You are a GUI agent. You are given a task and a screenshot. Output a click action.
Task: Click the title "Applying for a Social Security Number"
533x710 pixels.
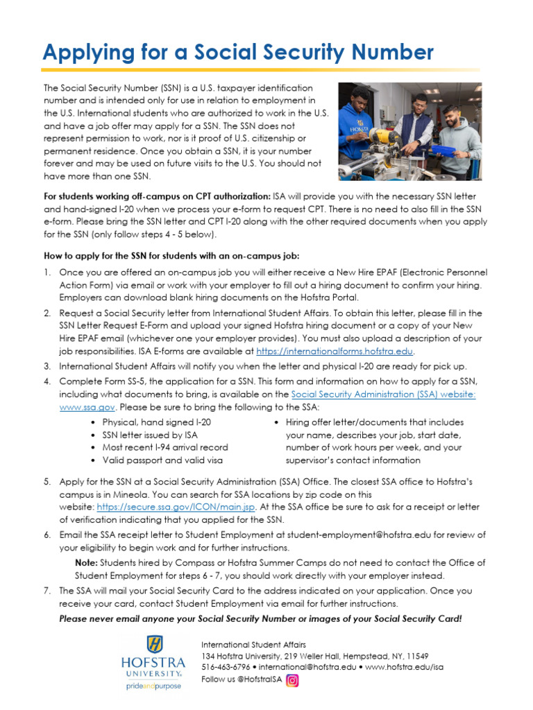click(x=238, y=52)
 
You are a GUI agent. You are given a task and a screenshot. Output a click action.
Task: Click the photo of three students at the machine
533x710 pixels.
click(x=409, y=132)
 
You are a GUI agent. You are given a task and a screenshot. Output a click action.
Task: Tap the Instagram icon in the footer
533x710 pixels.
click(x=293, y=680)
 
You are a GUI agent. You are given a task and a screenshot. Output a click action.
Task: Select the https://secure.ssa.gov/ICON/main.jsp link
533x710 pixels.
click(x=176, y=507)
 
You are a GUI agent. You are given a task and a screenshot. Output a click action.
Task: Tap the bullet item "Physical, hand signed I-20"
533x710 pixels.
click(x=156, y=422)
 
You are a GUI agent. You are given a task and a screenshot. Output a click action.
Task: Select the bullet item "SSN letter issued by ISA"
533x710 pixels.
click(x=150, y=435)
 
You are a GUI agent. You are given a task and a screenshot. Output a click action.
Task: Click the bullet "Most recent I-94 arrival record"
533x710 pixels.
click(x=164, y=447)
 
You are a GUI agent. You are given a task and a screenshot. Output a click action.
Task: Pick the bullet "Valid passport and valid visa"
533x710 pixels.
click(x=162, y=460)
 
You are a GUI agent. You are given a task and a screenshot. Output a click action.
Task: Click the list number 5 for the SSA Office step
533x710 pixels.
click(x=47, y=481)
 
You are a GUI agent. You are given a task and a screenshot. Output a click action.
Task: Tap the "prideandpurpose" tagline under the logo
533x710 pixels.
click(x=153, y=686)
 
